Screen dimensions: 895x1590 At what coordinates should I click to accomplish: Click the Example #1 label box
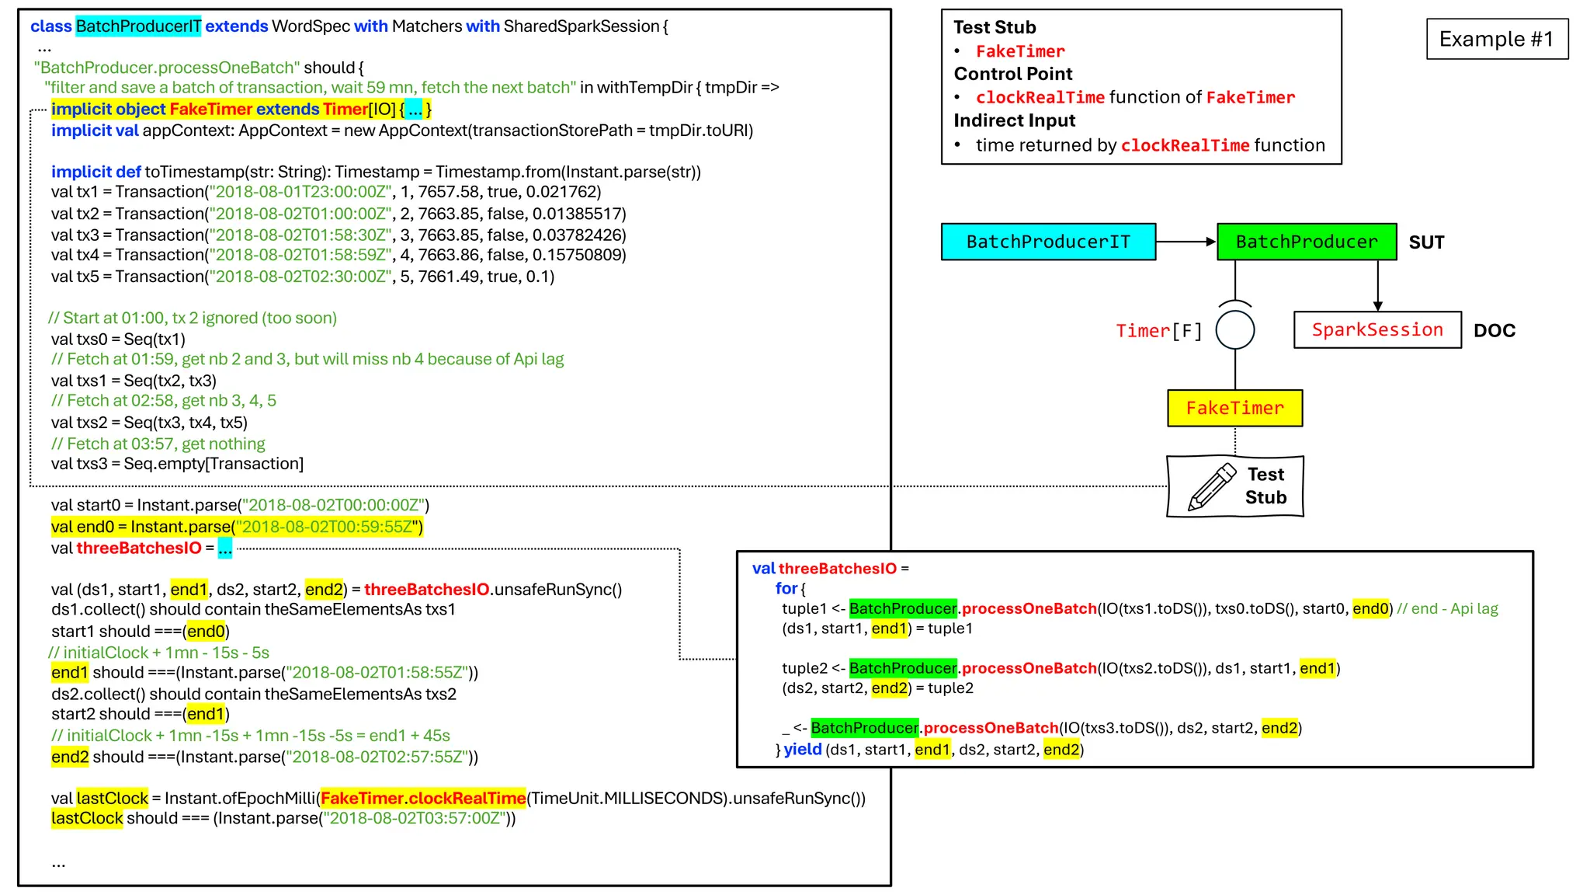tap(1496, 39)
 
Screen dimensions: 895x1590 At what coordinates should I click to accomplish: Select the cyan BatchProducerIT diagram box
tap(1047, 242)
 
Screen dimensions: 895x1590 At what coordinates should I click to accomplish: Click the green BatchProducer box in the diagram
tap(1306, 242)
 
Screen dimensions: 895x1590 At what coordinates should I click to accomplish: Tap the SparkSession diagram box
tap(1376, 330)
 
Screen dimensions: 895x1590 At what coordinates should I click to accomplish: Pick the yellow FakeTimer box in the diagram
tap(1234, 408)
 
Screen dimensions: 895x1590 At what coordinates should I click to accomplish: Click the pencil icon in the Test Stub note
tap(1211, 487)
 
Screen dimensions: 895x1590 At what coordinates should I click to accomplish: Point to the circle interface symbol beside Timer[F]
tap(1234, 330)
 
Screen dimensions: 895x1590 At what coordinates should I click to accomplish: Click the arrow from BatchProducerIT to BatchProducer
tap(1186, 242)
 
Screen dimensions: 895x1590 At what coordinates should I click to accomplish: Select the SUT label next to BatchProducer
tap(1426, 242)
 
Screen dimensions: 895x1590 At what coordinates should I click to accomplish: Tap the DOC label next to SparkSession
tap(1494, 331)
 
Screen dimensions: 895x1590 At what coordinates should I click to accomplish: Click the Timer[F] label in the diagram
tap(1158, 331)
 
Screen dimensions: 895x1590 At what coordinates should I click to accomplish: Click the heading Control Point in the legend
tap(1012, 74)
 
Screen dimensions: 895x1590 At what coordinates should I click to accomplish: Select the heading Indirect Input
tap(1014, 120)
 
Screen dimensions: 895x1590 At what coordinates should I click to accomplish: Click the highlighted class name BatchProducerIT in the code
tap(138, 26)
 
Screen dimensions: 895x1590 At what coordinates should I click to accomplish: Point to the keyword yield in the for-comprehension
tap(802, 749)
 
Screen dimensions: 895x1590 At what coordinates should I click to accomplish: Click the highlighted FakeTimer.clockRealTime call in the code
tap(423, 798)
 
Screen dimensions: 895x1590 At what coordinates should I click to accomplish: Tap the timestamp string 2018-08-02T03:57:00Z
tap(419, 818)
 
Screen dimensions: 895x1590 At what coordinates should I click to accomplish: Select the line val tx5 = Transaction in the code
tap(303, 277)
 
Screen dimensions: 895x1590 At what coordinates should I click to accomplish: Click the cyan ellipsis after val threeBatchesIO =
tap(224, 548)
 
